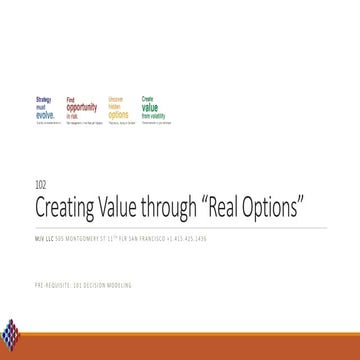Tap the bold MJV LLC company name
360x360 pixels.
[44, 239]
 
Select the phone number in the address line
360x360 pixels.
[192, 239]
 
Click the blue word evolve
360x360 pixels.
[46, 113]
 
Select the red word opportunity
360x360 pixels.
[81, 107]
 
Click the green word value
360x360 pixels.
[151, 107]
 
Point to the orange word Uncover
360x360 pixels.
[115, 99]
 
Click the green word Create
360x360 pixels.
[146, 99]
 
